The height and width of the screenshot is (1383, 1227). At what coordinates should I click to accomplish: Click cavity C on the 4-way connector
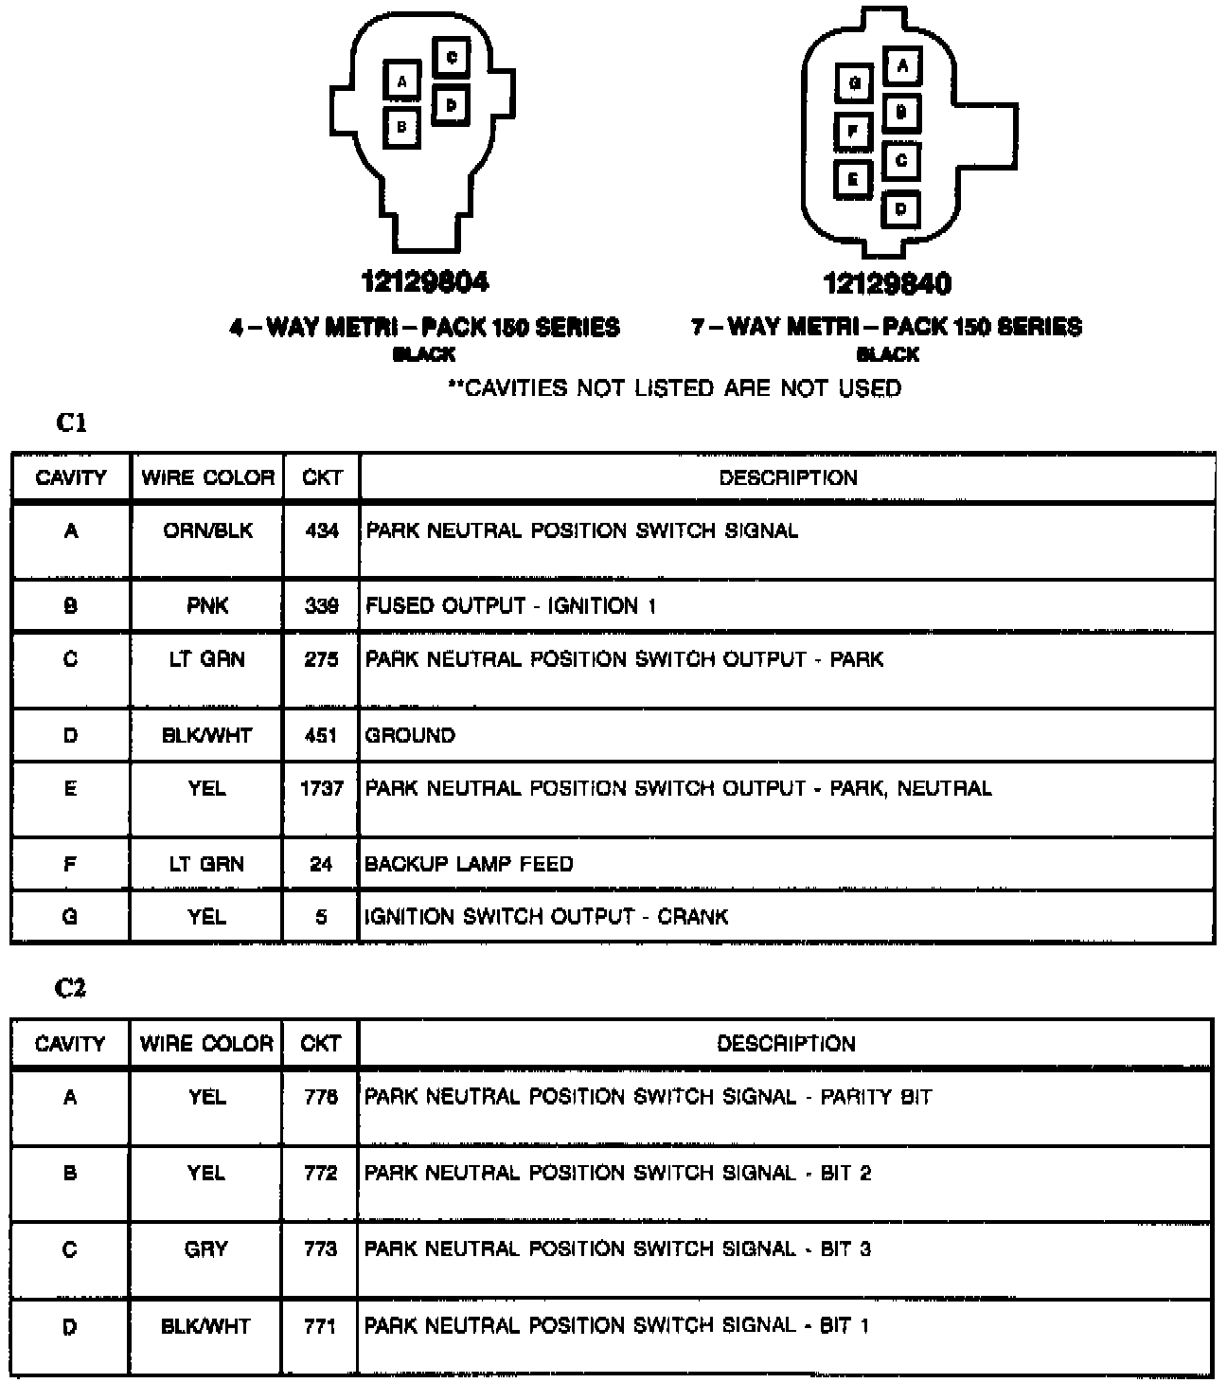point(452,58)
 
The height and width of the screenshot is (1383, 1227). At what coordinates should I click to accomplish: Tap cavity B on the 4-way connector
point(402,126)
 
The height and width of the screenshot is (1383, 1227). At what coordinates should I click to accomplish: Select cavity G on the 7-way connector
point(854,83)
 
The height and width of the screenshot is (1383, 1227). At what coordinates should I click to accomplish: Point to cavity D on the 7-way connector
point(900,208)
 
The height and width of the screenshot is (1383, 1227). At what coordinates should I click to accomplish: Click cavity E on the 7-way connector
point(854,178)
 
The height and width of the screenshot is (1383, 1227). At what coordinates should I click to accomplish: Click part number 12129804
point(425,281)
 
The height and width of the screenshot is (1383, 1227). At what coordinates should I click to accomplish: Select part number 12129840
point(887,283)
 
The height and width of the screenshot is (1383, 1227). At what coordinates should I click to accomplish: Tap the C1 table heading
point(71,423)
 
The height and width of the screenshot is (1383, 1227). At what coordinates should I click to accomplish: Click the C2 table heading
point(71,988)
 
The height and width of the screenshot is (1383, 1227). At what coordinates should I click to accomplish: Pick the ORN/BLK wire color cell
point(207,530)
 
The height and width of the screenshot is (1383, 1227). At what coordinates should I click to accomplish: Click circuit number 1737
point(321,788)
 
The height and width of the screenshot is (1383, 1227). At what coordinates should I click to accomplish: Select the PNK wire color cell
point(207,606)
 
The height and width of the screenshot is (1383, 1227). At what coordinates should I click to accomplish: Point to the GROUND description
point(410,735)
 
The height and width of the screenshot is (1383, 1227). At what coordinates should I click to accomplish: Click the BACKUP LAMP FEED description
point(469,864)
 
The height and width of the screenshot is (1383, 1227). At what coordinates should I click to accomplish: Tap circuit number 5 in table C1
point(321,917)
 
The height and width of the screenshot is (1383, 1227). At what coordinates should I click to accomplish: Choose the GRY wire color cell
point(205,1249)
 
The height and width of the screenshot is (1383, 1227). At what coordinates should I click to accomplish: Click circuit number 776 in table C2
point(320,1097)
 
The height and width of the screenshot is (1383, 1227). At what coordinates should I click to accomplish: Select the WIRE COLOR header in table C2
point(206,1044)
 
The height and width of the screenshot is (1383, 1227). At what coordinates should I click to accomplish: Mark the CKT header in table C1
point(322,477)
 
